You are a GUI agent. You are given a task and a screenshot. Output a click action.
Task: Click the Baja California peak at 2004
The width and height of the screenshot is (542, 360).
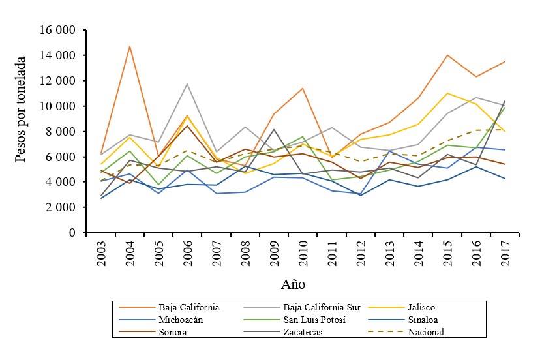click(x=130, y=46)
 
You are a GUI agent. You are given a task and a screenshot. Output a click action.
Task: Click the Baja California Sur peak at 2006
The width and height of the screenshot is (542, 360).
click(x=187, y=84)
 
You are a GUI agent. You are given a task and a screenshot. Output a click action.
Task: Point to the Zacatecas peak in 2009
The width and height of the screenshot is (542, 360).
click(x=275, y=129)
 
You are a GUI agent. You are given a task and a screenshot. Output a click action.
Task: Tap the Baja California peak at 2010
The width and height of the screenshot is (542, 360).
click(x=303, y=88)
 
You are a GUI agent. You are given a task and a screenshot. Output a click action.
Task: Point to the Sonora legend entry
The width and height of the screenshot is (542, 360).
click(x=172, y=332)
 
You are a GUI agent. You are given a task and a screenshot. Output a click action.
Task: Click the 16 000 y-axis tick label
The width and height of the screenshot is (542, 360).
click(x=57, y=31)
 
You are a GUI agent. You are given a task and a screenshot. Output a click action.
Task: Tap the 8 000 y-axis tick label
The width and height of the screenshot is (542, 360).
click(x=62, y=132)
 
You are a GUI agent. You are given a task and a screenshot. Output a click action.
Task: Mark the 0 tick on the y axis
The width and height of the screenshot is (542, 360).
click(x=73, y=233)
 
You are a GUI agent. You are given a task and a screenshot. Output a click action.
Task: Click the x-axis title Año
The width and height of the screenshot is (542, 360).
click(x=293, y=284)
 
